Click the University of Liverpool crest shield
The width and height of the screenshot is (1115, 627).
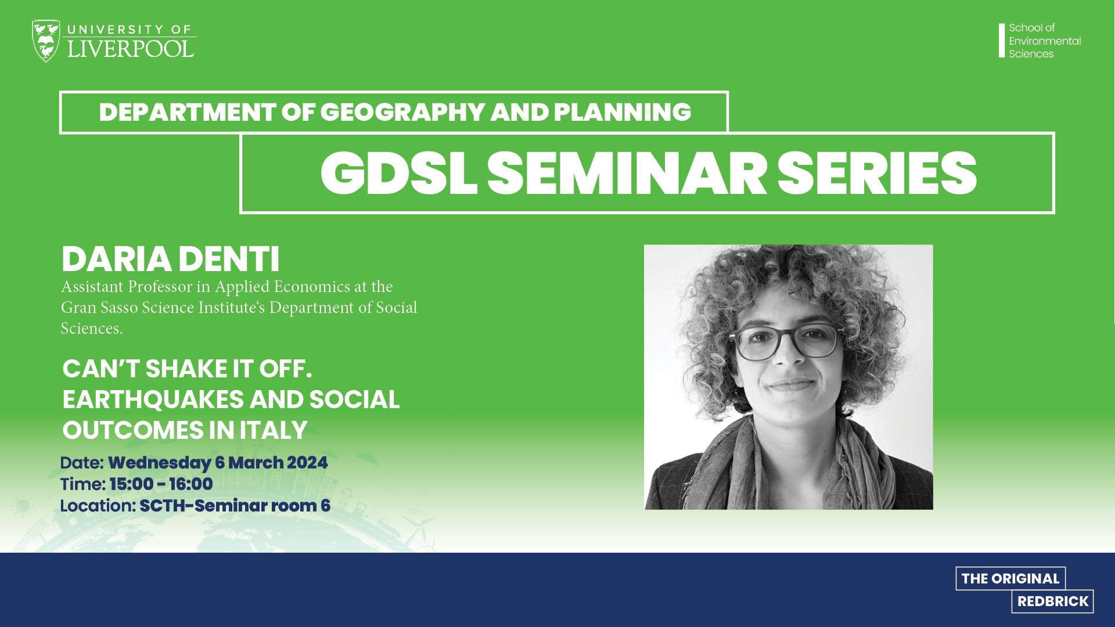tap(46, 41)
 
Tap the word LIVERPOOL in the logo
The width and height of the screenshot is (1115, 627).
tap(131, 48)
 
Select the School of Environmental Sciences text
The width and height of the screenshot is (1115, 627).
tap(1045, 41)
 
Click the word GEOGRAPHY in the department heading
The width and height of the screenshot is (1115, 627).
tap(402, 112)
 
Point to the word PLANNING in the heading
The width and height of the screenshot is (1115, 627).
tap(623, 112)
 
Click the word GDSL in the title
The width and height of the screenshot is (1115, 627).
tap(398, 173)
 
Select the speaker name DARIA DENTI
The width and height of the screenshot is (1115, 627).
tap(170, 260)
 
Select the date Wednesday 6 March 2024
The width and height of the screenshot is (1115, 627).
tap(218, 463)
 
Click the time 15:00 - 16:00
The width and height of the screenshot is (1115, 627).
tap(161, 484)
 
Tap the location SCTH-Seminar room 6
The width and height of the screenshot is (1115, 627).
tap(235, 506)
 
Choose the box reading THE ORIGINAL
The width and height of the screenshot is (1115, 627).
tap(1010, 578)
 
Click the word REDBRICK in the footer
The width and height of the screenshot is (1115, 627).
tap(1053, 601)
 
